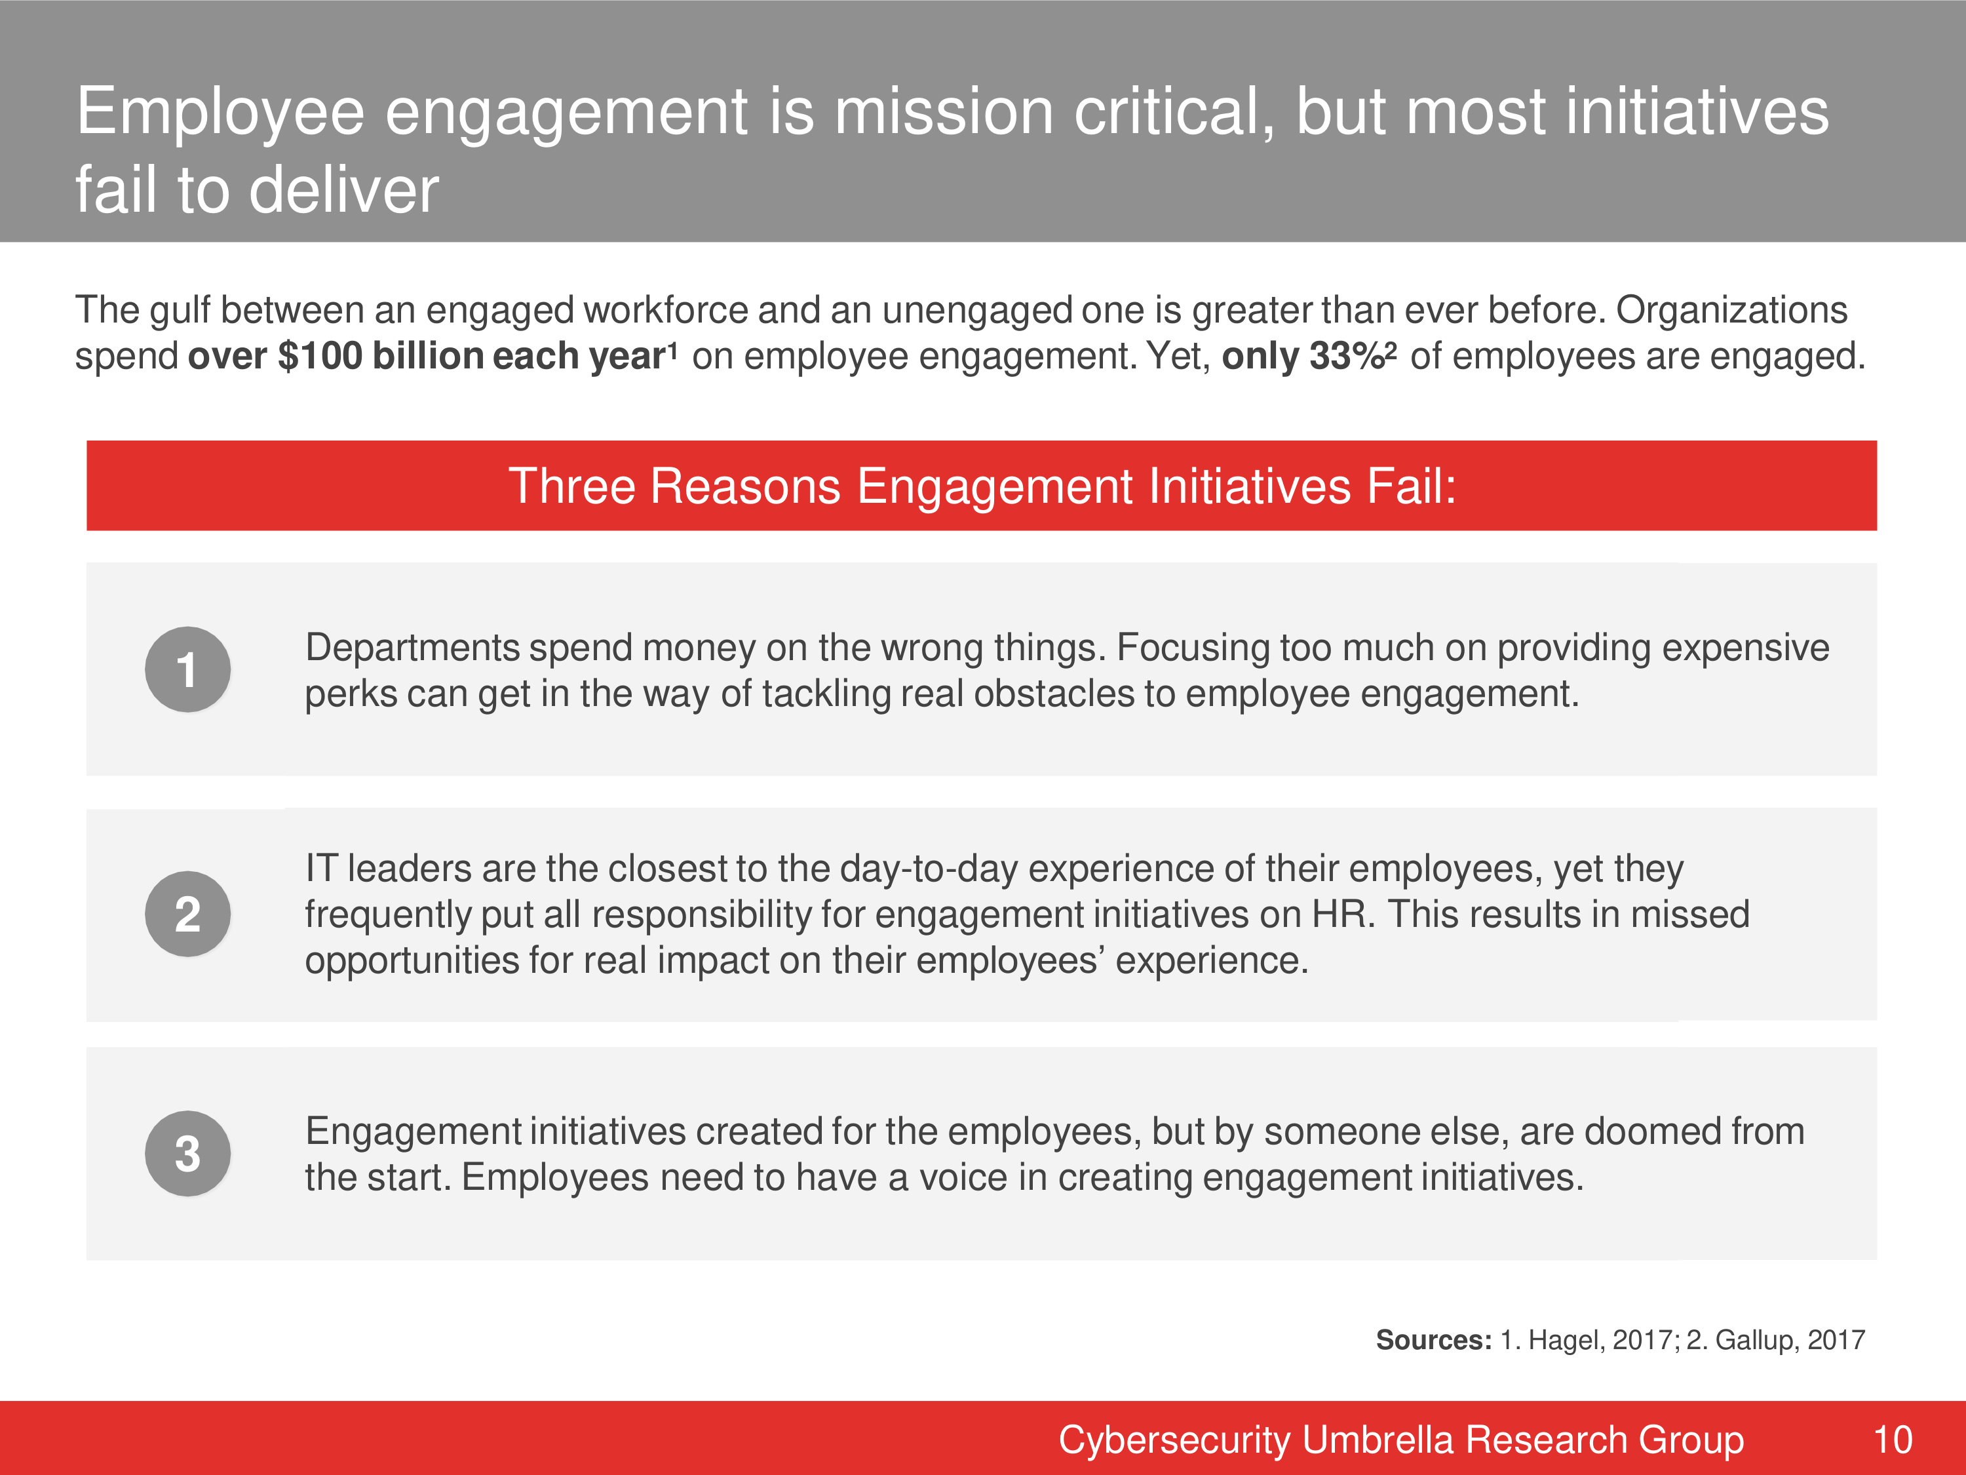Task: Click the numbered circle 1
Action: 187,669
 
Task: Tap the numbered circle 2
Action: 187,914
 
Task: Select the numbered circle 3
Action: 187,1153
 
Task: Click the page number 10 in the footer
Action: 1892,1440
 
